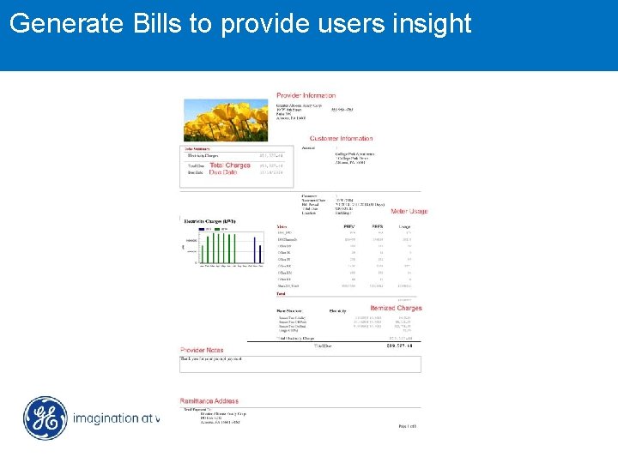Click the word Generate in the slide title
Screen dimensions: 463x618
coord(66,23)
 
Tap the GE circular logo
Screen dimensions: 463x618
coord(45,418)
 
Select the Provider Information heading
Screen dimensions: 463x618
coord(306,95)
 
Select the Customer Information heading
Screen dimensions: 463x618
coord(341,138)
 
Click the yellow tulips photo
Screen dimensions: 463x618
coord(226,119)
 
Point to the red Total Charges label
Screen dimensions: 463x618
coord(230,165)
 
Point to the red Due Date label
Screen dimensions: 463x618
coord(223,172)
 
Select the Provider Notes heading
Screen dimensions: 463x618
coord(202,350)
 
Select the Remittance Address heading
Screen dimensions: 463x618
coord(209,401)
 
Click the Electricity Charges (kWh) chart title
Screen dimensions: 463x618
coord(209,220)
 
